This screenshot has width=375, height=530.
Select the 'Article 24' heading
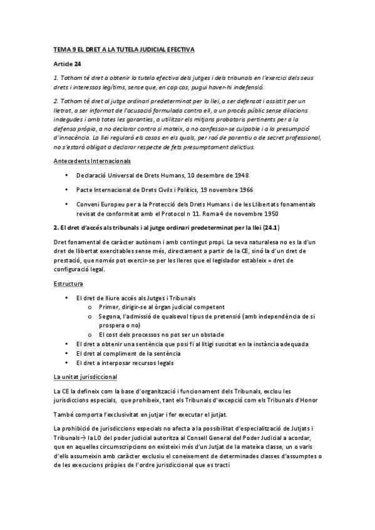click(66, 64)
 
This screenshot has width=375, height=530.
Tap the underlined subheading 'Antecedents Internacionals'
click(91, 161)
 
